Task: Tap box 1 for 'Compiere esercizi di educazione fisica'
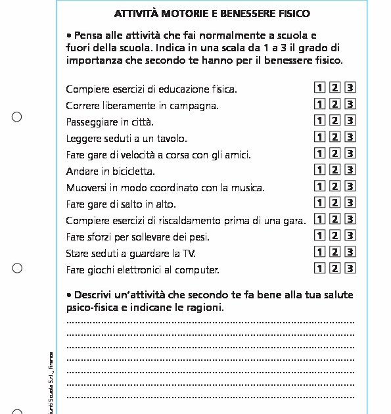pyautogui.click(x=319, y=87)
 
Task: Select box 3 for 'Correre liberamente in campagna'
pyautogui.click(x=350, y=104)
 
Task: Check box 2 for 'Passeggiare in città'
pyautogui.click(x=335, y=120)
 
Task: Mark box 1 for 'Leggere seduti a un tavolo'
pyautogui.click(x=319, y=137)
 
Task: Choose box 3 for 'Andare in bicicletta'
pyautogui.click(x=350, y=170)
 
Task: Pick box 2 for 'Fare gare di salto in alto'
pyautogui.click(x=335, y=202)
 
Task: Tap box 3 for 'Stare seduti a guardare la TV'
pyautogui.click(x=350, y=252)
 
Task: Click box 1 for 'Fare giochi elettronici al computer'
pyautogui.click(x=319, y=268)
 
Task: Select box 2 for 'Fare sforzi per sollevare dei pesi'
pyautogui.click(x=335, y=235)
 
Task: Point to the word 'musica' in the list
pyautogui.click(x=246, y=188)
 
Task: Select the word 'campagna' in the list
pyautogui.click(x=198, y=106)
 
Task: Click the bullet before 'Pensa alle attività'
pyautogui.click(x=69, y=35)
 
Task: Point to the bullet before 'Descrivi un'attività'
pyautogui.click(x=69, y=294)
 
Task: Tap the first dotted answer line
pyautogui.click(x=210, y=322)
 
